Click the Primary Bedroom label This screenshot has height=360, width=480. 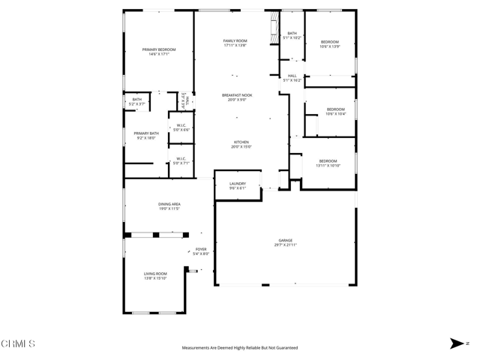click(158, 52)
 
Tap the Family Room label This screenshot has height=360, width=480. click(235, 43)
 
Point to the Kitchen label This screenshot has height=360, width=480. click(241, 145)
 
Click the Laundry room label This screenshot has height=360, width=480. click(237, 185)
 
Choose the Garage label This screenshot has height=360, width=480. click(286, 242)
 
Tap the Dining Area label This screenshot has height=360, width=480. click(169, 206)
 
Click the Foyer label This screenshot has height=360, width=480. click(201, 251)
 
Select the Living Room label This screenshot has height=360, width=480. click(155, 276)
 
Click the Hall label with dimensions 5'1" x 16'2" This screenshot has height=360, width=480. click(292, 77)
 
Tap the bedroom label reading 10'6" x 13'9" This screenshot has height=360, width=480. click(330, 44)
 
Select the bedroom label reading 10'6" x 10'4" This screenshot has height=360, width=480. click(335, 112)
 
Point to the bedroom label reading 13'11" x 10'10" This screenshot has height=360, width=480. click(328, 163)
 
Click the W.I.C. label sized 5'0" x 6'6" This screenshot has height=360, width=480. click(181, 127)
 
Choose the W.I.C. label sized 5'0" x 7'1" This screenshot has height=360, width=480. click(181, 160)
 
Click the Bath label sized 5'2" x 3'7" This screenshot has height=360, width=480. click(136, 101)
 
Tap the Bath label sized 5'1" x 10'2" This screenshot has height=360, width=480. click(292, 35)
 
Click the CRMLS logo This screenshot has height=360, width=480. click(18, 344)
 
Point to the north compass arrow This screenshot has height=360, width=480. click(457, 343)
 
